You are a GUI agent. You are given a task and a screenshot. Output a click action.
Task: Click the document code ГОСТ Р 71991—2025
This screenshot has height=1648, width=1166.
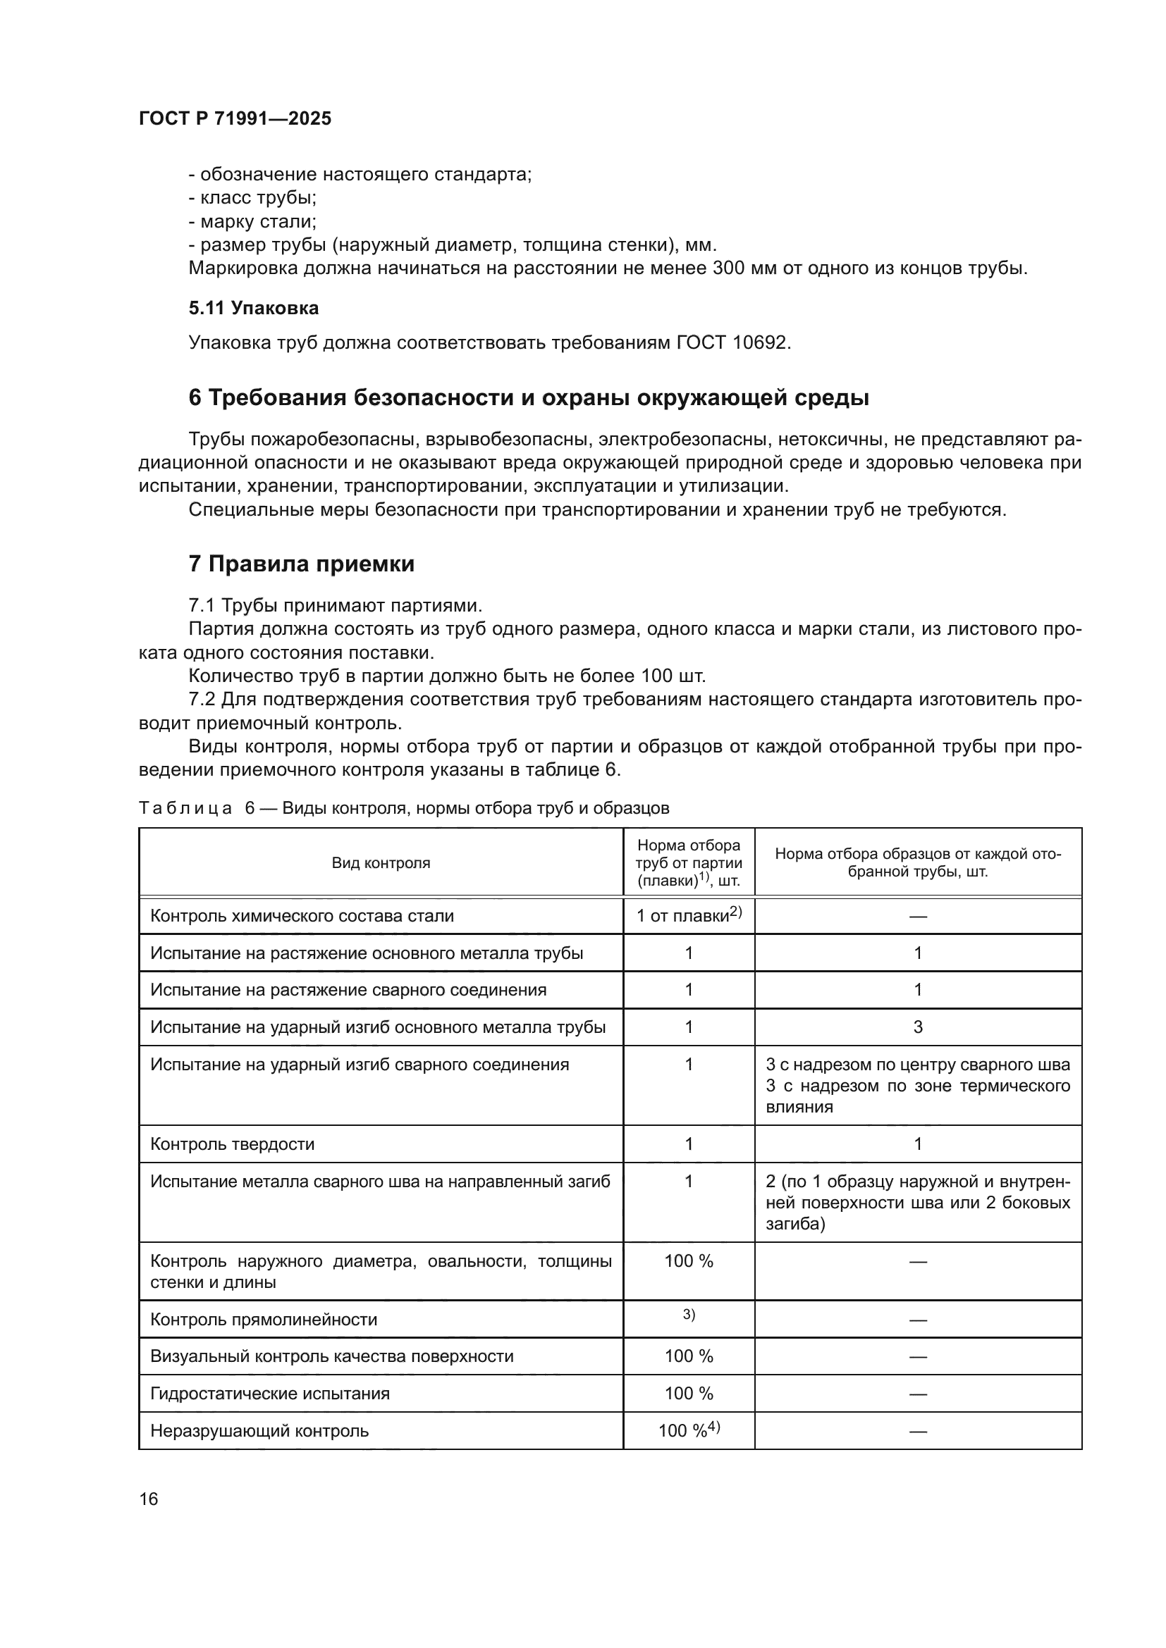pos(235,119)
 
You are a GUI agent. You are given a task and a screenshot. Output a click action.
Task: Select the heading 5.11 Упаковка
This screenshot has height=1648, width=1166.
pos(254,309)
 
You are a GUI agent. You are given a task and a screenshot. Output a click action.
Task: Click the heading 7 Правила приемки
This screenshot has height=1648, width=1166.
pos(302,564)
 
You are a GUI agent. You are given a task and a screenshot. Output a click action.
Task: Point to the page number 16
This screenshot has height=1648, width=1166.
pos(149,1499)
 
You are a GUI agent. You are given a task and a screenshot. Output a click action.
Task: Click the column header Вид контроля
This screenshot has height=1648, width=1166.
pos(381,863)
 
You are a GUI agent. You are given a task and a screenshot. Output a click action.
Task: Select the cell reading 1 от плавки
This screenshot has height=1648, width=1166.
pos(688,916)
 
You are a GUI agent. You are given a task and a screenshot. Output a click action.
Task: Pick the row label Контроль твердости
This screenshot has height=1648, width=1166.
pos(232,1144)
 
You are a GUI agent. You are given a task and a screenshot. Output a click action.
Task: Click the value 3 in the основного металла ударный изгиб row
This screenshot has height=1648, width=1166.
pos(918,1027)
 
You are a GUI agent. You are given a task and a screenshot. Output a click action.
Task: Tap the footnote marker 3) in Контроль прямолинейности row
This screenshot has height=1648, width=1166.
pos(689,1314)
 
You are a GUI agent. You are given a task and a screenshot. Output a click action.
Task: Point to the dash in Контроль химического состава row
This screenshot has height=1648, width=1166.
pos(918,917)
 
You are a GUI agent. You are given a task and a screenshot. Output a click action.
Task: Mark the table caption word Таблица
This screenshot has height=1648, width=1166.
pos(185,808)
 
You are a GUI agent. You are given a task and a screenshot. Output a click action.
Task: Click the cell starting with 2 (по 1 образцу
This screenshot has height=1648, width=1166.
pos(918,1202)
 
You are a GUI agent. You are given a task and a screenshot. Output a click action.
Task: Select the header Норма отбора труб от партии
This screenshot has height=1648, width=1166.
pos(689,863)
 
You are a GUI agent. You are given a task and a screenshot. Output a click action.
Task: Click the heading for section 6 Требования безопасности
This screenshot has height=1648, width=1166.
pos(529,397)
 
